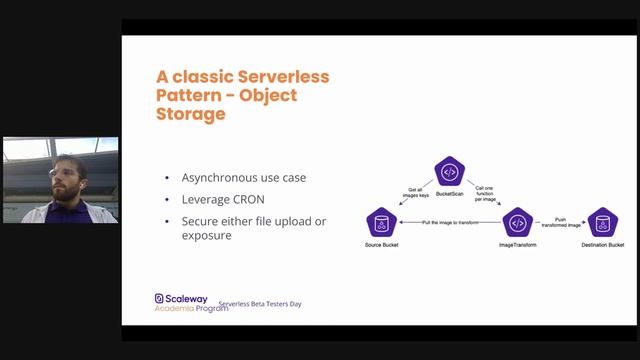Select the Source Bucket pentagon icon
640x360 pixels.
(x=381, y=222)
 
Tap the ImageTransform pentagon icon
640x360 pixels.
(x=516, y=222)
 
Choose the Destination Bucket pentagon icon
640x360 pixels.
(x=602, y=222)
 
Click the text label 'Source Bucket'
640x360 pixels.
(x=381, y=245)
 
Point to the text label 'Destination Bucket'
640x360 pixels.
(x=602, y=245)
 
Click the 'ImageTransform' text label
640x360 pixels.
(x=516, y=245)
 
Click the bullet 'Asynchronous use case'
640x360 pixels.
(x=243, y=178)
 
